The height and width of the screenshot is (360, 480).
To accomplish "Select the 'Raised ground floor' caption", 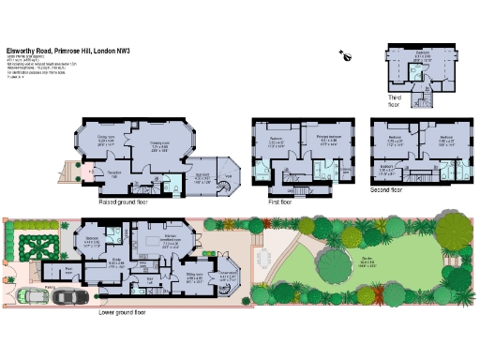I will pos(127,201).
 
